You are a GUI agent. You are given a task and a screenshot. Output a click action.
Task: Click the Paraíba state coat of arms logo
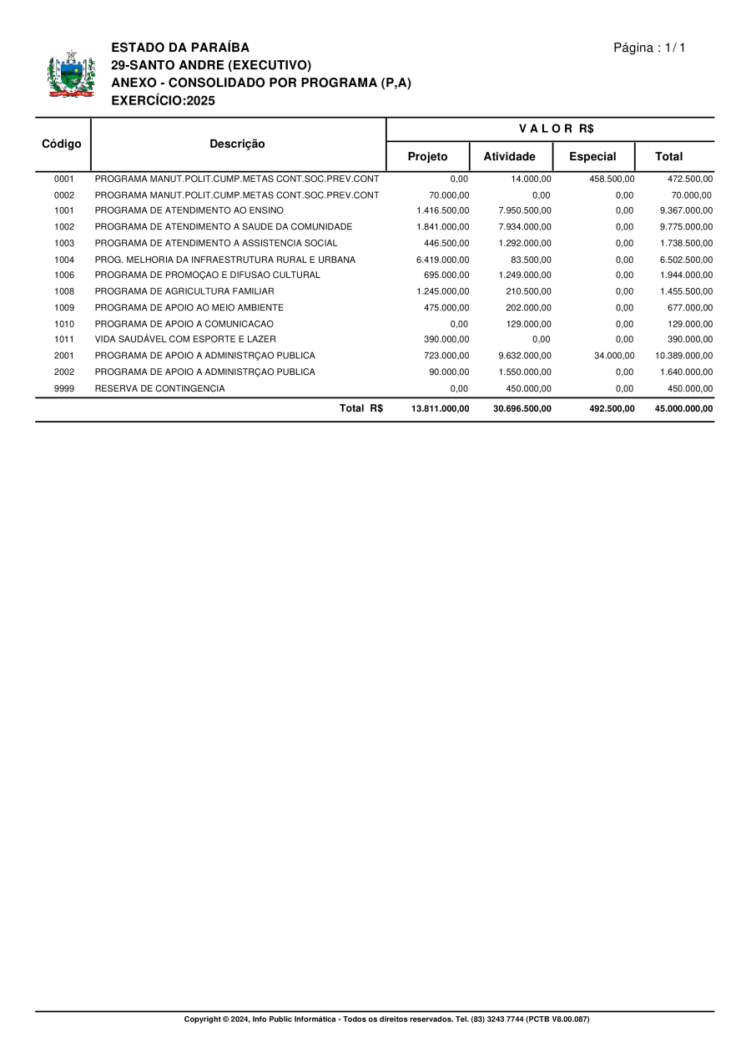point(71,75)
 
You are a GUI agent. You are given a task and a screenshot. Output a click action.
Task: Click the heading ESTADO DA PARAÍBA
point(180,48)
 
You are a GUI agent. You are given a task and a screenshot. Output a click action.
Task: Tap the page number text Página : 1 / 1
point(649,48)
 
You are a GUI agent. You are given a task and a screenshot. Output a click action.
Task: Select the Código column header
point(62,144)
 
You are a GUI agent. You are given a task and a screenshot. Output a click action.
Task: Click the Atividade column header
point(510,156)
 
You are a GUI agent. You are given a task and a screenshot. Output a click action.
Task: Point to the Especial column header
point(592,156)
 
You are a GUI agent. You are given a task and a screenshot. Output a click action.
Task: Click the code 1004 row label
point(64,260)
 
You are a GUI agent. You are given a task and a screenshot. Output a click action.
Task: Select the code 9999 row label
point(64,388)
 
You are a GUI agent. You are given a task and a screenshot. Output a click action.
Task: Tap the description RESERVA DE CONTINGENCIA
point(159,388)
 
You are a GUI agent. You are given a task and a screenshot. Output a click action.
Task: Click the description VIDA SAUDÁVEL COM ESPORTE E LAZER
point(185,340)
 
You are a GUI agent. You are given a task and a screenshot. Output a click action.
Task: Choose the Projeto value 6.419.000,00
point(442,260)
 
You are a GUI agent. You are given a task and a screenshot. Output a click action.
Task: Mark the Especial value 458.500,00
point(612,179)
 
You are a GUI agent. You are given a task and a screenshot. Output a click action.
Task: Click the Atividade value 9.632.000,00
point(524,356)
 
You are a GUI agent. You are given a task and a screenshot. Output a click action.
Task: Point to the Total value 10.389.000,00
point(683,356)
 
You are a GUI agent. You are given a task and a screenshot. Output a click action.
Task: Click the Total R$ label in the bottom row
point(361,408)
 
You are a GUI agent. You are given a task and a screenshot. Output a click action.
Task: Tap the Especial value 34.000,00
point(614,356)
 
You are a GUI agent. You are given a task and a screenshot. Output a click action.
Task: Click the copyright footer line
point(386,1019)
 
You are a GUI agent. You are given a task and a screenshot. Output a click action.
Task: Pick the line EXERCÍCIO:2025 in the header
point(163,101)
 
